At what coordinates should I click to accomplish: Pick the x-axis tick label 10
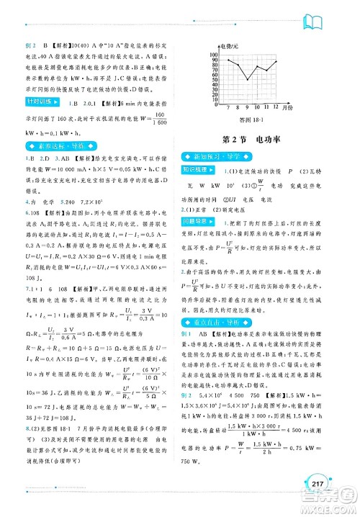point(256,106)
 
